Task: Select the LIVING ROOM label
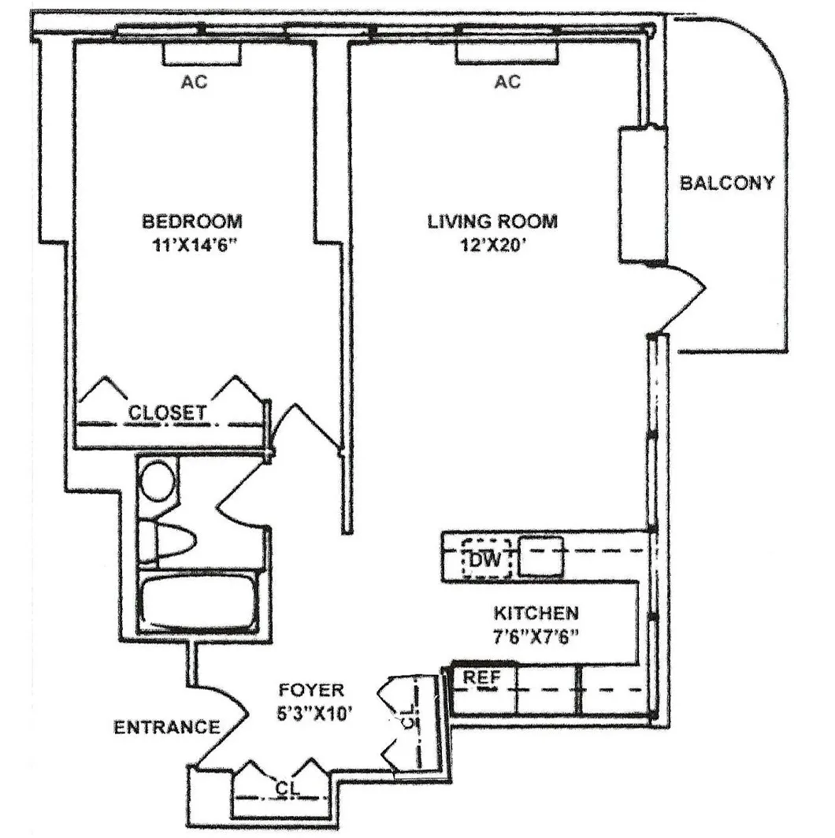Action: click(492, 221)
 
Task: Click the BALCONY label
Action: click(727, 184)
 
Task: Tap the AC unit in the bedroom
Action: click(201, 54)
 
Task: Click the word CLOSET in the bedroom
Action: click(168, 412)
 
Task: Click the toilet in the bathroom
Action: click(169, 542)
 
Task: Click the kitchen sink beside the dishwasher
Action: click(540, 556)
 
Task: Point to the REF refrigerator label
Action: click(479, 677)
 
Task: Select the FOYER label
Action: click(311, 691)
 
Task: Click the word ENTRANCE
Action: click(166, 727)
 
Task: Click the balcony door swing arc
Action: click(682, 299)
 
